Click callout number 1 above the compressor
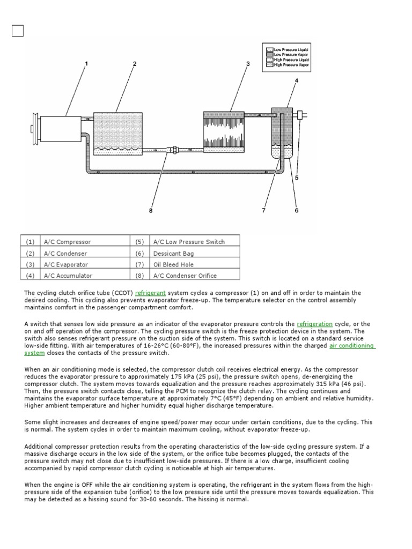(85, 64)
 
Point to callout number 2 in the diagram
(134, 64)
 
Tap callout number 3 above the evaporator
(248, 64)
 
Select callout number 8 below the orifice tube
(151, 211)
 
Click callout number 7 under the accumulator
(263, 211)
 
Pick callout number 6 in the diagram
(296, 211)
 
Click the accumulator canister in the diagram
(282, 133)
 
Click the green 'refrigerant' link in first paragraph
(151, 293)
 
